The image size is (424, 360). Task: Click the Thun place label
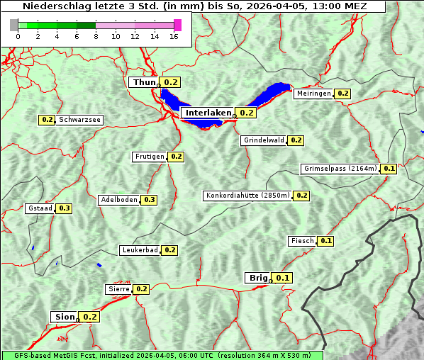coord(144,83)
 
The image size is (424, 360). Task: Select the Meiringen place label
coord(313,94)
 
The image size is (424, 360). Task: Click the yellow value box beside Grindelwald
coord(296,140)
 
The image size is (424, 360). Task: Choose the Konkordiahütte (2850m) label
coord(247,196)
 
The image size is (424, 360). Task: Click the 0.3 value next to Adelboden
coord(149,200)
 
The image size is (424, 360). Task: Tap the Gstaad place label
coord(40,208)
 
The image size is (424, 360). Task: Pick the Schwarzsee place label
coord(79,120)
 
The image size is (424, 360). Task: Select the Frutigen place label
coord(150,157)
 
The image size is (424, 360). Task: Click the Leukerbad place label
coord(140,250)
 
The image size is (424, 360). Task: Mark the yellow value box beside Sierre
coord(141,289)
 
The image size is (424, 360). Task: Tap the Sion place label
coord(63,317)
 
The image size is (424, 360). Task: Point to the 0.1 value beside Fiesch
coord(325,241)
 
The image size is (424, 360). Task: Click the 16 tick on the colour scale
coord(174,36)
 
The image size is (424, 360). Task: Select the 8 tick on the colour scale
coord(96,36)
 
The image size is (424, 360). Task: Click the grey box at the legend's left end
coord(14,26)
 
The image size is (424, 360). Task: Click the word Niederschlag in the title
coord(57,6)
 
